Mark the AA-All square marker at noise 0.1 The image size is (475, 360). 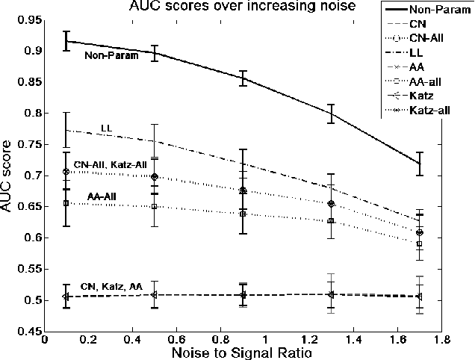[x=66, y=203]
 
